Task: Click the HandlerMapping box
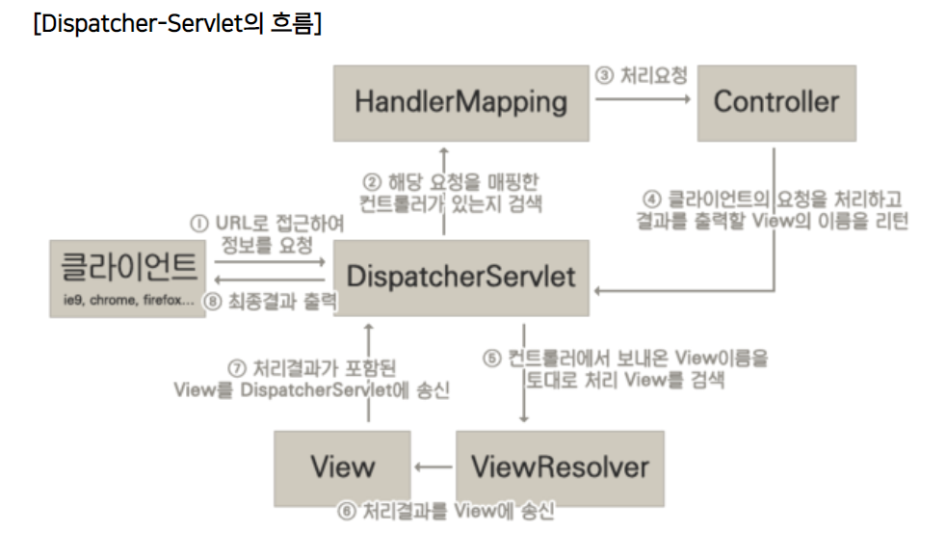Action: pos(460,102)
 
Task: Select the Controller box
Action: pos(775,102)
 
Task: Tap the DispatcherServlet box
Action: pos(460,277)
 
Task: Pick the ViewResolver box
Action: pos(560,467)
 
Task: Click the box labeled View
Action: pos(342,467)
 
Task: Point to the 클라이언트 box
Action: pos(128,278)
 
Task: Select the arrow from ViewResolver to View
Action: pos(434,467)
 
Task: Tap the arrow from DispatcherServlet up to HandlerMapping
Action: pos(443,193)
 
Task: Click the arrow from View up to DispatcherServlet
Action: pos(368,376)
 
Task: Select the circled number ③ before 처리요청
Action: pos(604,75)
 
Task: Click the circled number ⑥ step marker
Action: pos(346,512)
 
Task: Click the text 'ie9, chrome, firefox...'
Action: pos(126,300)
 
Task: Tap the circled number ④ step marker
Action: pos(651,200)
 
